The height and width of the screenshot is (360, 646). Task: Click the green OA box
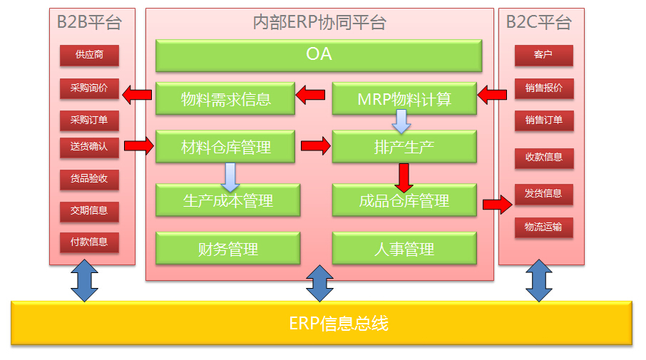click(319, 55)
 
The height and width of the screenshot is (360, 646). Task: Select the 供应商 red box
click(89, 55)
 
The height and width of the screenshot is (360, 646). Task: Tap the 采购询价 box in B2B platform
click(89, 88)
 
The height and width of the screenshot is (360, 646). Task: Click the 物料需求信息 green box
click(225, 99)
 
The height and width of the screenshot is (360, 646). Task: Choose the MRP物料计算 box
click(404, 99)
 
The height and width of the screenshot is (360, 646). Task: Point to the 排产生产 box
click(404, 147)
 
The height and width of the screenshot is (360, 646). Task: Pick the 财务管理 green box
click(228, 248)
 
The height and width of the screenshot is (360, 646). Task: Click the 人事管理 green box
click(404, 248)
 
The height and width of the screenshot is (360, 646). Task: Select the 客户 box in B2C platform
click(544, 55)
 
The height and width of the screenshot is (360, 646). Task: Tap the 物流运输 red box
click(544, 227)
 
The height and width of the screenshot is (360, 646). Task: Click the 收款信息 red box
click(544, 158)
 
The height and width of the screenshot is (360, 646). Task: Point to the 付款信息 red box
click(89, 242)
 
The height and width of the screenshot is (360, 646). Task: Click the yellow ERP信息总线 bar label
click(339, 324)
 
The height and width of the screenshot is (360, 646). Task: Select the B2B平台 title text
click(89, 22)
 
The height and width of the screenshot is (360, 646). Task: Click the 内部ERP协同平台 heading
click(319, 22)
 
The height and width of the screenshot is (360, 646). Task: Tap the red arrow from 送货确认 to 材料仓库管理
click(139, 146)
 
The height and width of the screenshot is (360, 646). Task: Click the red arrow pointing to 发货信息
click(498, 205)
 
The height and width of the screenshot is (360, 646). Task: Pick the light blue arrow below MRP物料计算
click(401, 121)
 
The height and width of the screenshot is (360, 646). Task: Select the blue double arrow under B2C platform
click(539, 280)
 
